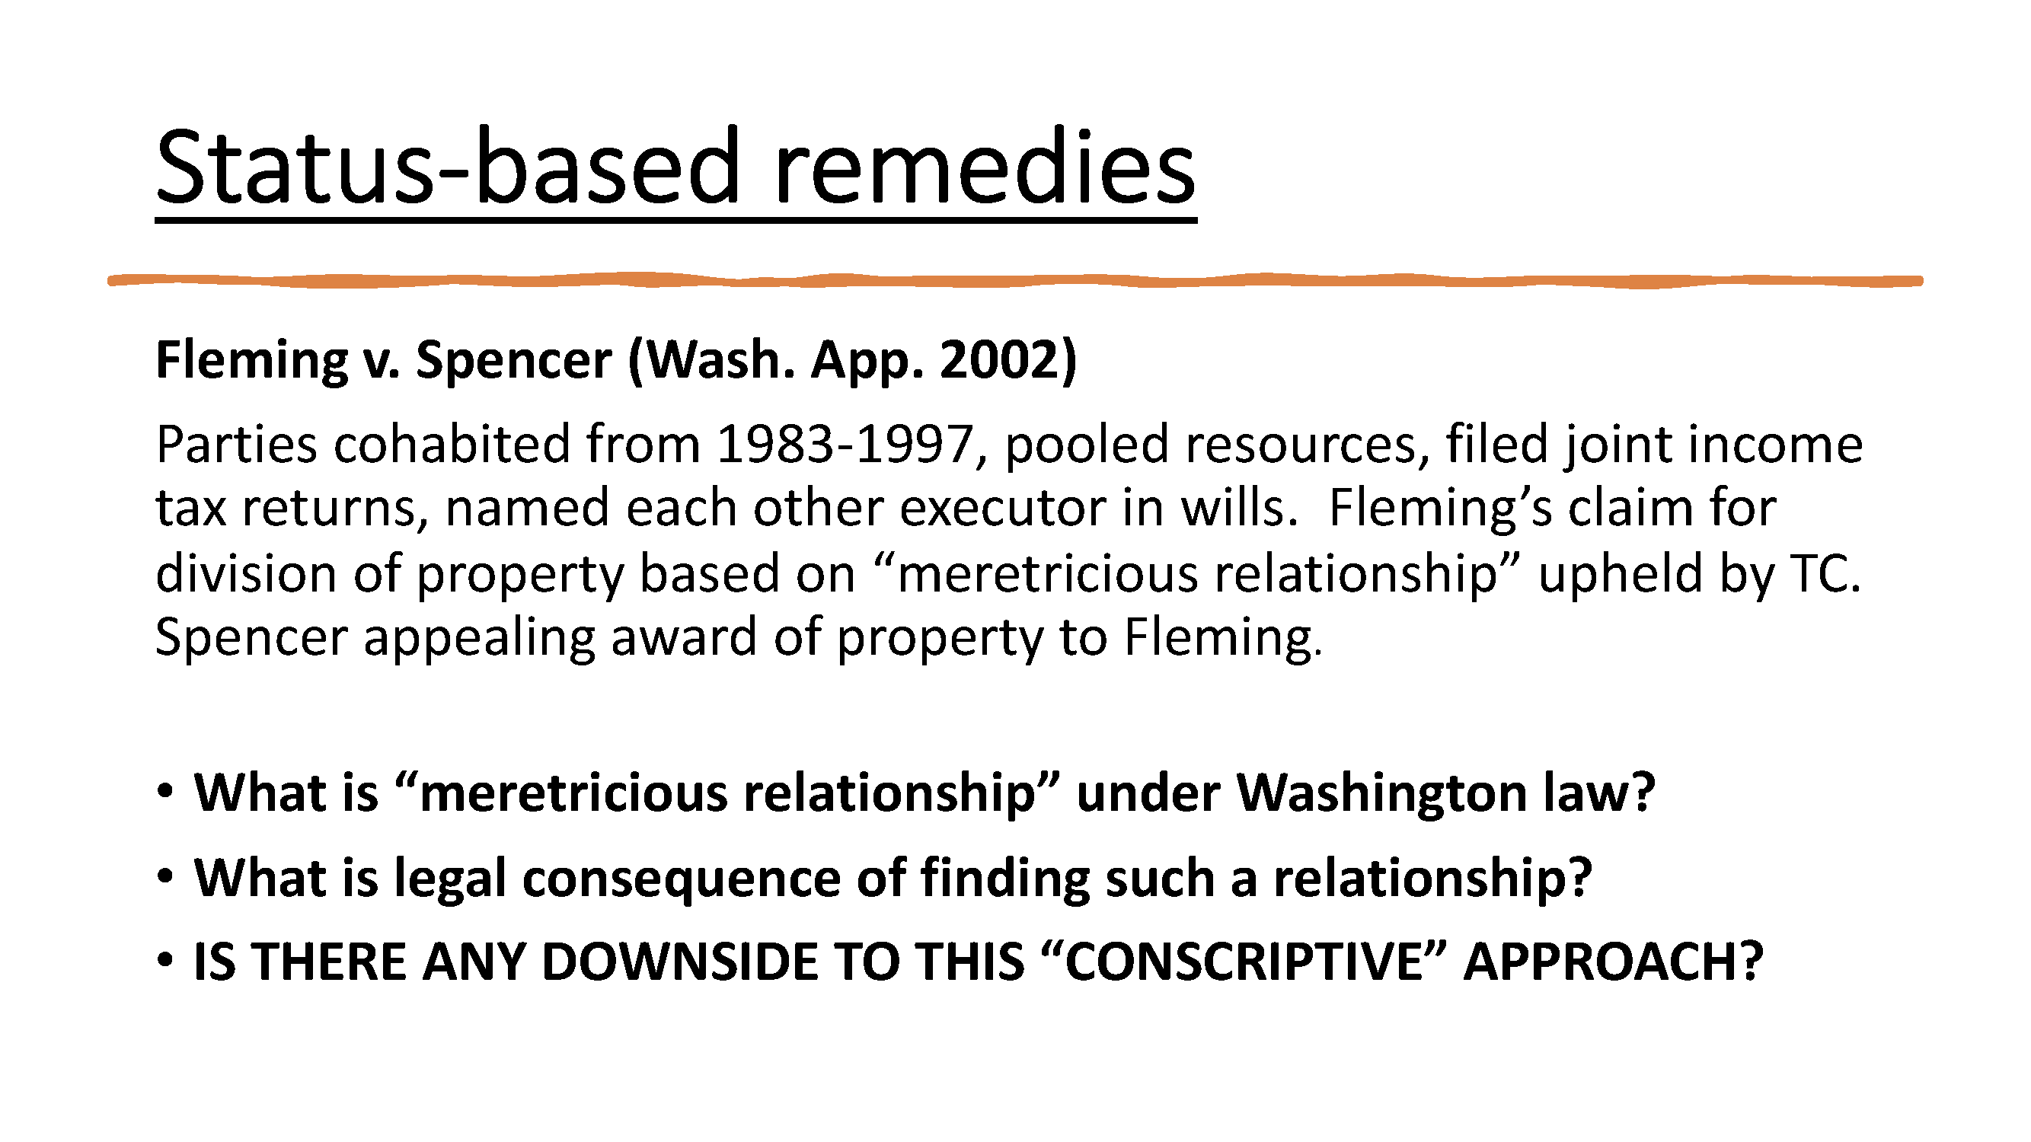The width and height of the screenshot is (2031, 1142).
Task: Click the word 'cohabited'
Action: coord(451,445)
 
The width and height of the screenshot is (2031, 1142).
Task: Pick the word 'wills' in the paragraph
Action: coord(1237,509)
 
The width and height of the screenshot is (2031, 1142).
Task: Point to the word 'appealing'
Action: coord(479,639)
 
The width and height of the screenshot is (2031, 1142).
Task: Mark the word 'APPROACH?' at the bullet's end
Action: coord(1613,962)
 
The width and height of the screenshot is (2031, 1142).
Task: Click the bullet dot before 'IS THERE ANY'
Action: coord(164,961)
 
